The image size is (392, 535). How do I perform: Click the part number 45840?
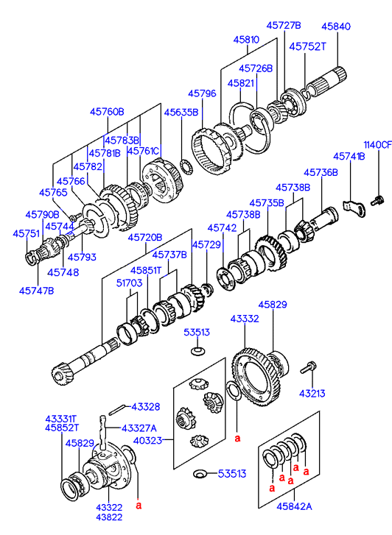tap(336, 26)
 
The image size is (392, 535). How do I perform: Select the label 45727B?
tap(284, 25)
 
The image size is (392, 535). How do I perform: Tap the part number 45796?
tap(202, 93)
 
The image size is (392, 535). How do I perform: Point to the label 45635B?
tap(181, 113)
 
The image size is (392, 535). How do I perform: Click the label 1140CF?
tap(377, 145)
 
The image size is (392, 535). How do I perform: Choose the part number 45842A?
tap(294, 506)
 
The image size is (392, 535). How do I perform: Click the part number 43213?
tap(312, 394)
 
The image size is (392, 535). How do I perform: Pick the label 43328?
tap(146, 407)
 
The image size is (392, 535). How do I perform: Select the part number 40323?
tap(147, 441)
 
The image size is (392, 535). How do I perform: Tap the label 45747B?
tap(36, 291)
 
